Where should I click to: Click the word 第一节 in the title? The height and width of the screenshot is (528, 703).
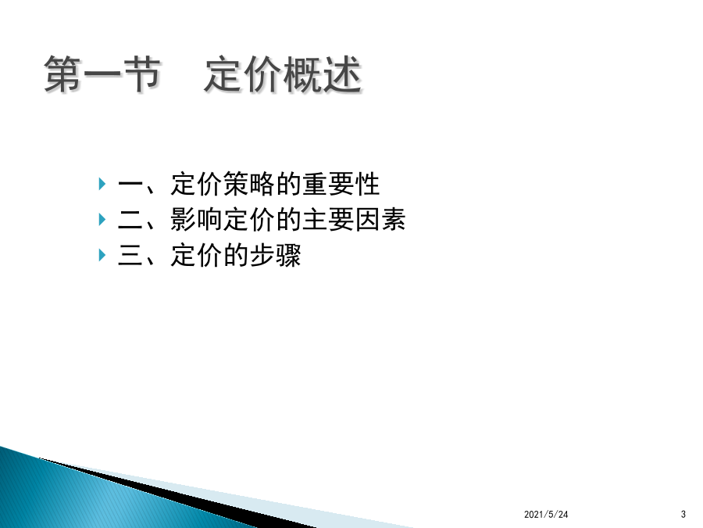pyautogui.click(x=102, y=74)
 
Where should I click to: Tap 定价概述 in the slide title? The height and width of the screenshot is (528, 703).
pyautogui.click(x=284, y=74)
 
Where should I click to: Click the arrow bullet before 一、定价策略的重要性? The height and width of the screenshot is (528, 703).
pyautogui.click(x=102, y=184)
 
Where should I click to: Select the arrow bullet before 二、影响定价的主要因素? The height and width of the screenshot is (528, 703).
pyautogui.click(x=102, y=220)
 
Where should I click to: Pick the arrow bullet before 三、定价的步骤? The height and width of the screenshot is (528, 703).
pyautogui.click(x=102, y=255)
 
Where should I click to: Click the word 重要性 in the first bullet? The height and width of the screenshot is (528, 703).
pyautogui.click(x=341, y=184)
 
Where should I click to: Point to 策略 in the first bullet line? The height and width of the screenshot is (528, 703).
pyautogui.click(x=249, y=184)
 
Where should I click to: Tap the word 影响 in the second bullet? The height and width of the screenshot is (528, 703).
pyautogui.click(x=196, y=220)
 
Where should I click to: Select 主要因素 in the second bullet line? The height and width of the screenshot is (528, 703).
pyautogui.click(x=354, y=220)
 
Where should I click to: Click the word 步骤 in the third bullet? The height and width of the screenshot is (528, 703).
pyautogui.click(x=275, y=255)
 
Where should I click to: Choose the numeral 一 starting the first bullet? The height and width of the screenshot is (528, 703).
pyautogui.click(x=130, y=185)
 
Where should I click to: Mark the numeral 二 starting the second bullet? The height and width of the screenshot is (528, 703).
pyautogui.click(x=130, y=220)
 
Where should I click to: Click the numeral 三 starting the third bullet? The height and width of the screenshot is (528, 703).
pyautogui.click(x=130, y=255)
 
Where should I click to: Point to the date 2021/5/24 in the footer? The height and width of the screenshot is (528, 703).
pyautogui.click(x=546, y=515)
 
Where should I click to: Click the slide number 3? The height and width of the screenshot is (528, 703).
pyautogui.click(x=683, y=515)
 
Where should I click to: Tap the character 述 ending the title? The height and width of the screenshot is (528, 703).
pyautogui.click(x=343, y=74)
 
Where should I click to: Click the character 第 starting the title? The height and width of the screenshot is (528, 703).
pyautogui.click(x=63, y=74)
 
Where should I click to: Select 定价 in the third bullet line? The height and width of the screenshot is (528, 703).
pyautogui.click(x=196, y=255)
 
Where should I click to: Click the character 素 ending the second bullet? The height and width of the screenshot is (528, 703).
pyautogui.click(x=394, y=220)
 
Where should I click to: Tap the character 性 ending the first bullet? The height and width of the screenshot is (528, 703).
pyautogui.click(x=368, y=184)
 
